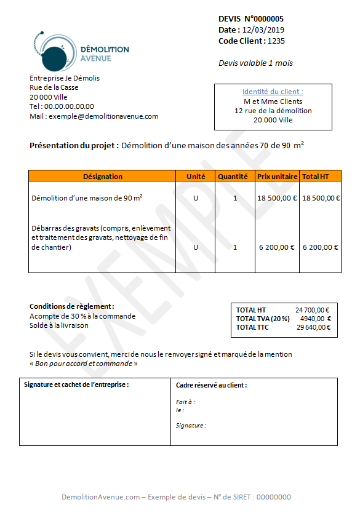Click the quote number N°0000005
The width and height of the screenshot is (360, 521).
264,19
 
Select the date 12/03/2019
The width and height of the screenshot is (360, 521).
263,30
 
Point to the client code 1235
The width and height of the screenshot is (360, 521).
276,41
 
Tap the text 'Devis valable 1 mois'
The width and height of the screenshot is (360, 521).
255,63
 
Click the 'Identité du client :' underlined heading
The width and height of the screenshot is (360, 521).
273,92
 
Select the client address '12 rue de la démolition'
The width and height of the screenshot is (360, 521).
273,111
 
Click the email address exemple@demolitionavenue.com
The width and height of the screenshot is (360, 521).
103,116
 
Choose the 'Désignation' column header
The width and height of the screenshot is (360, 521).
102,177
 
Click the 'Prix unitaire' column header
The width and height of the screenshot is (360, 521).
277,177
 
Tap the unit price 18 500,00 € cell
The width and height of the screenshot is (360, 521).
277,198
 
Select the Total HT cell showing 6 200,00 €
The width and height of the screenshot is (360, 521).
320,247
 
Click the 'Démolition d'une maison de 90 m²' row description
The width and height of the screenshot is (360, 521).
87,198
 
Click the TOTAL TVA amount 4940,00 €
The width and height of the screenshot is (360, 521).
315,319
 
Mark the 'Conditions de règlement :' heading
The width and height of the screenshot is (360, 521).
72,306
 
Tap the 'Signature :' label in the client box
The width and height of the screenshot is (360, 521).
191,425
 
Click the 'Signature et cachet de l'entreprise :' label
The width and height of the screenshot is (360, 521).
76,384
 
